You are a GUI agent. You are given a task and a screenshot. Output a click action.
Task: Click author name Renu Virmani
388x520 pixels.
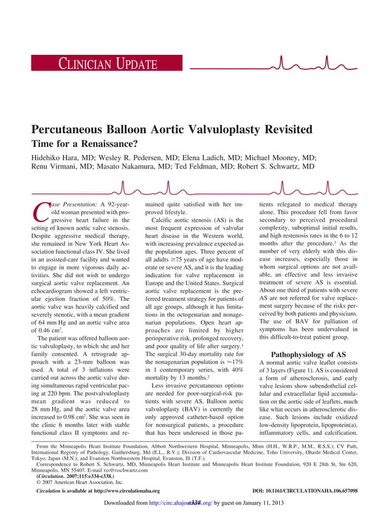58,166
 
